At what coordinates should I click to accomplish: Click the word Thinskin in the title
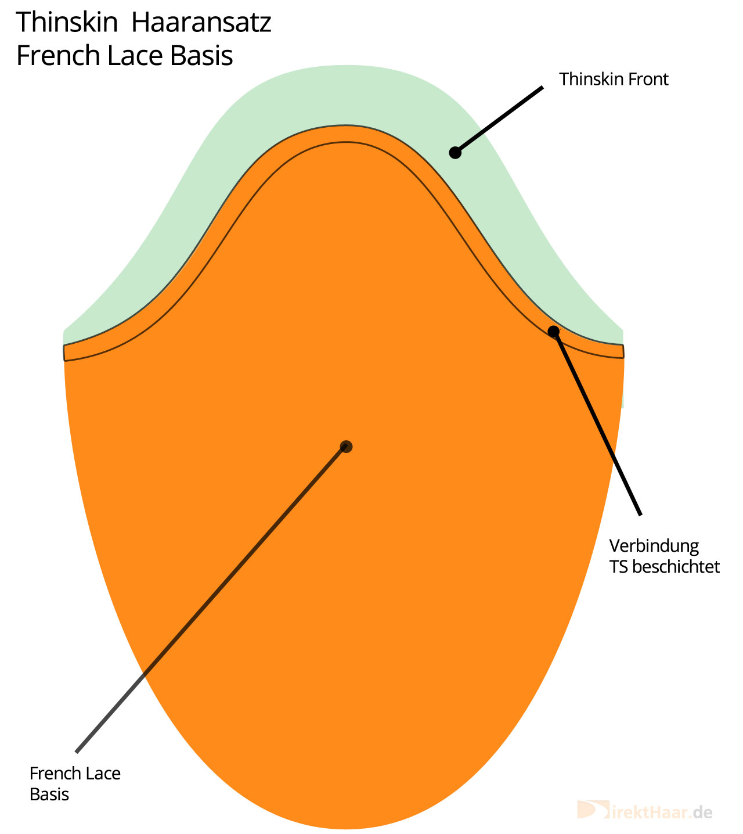coord(67,22)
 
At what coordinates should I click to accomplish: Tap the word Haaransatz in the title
coord(201,22)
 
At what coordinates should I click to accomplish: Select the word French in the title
coord(58,56)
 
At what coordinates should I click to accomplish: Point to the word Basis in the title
coord(201,56)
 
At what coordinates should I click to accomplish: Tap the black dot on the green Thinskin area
coord(455,153)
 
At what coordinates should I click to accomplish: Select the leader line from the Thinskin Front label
coord(499,120)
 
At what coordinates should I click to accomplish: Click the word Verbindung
coord(654,547)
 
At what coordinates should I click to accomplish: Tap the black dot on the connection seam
coord(553,332)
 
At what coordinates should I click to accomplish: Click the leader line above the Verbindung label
coord(597,423)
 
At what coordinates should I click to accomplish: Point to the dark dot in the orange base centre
coord(346,447)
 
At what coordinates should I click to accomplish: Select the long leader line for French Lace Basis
coord(211,599)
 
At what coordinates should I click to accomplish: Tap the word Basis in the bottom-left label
coord(49,795)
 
